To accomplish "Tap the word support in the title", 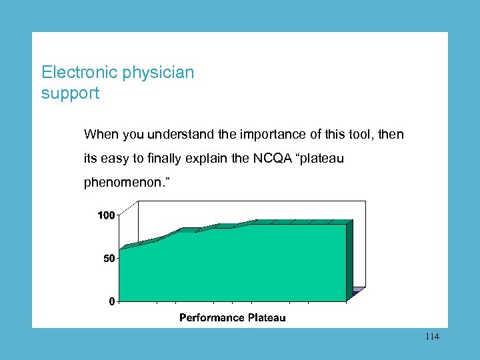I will point(70,93).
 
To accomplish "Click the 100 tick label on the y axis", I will point(106,215).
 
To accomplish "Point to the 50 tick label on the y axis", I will point(109,258).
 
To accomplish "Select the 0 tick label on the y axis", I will point(111,301).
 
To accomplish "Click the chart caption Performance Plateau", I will point(232,318).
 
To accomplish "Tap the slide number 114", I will point(431,337).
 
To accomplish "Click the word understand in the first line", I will point(164,134).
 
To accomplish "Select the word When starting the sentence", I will point(100,134).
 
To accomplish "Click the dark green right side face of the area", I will point(349,260).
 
